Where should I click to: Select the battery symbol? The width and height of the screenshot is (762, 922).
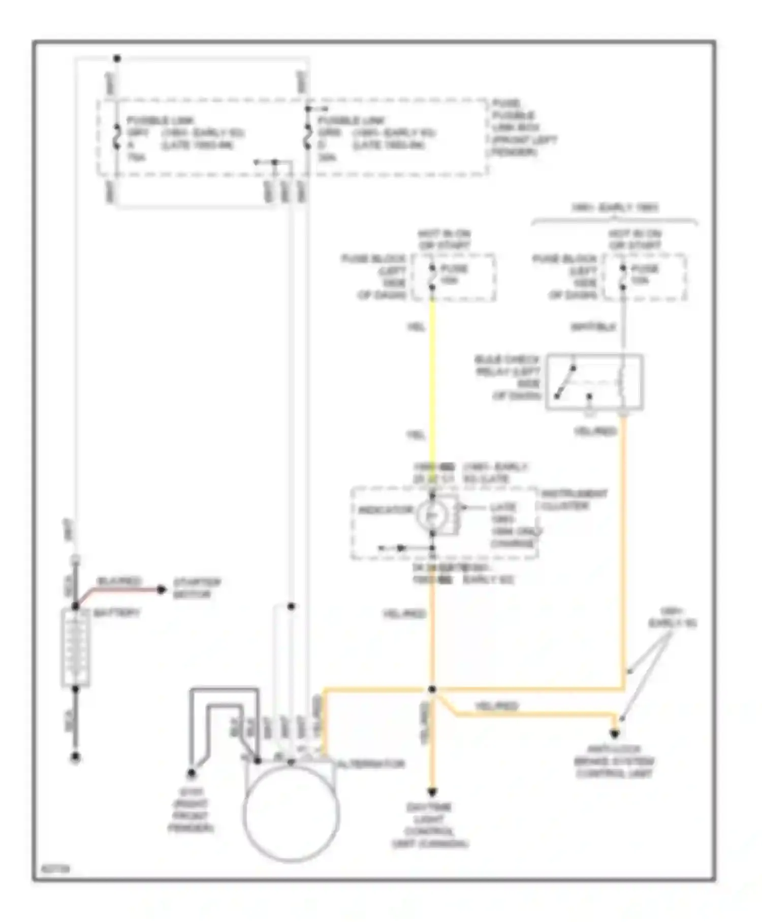tap(76, 648)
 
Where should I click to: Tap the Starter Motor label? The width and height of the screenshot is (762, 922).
tap(197, 588)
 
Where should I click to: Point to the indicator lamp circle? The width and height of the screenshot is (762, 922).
tap(432, 515)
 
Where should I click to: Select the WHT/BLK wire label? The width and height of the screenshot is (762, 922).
tap(593, 327)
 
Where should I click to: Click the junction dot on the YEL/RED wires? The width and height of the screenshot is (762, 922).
tap(432, 689)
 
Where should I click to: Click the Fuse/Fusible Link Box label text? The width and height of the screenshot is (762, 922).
tap(523, 128)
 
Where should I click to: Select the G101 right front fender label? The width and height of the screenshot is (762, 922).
tap(190, 810)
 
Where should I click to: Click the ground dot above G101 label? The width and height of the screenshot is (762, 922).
tap(191, 773)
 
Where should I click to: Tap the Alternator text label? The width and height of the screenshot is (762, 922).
tap(371, 764)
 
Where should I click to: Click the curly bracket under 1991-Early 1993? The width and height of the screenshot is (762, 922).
tap(614, 220)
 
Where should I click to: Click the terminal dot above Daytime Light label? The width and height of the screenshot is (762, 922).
tap(432, 792)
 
